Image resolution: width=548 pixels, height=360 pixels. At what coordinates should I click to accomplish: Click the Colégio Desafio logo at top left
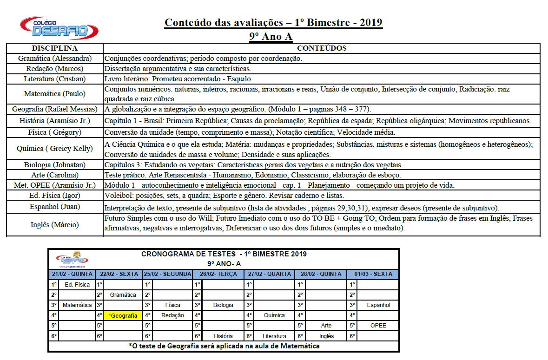pyautogui.click(x=59, y=28)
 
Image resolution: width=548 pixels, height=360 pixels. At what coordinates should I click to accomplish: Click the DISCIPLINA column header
pyautogui.click(x=54, y=48)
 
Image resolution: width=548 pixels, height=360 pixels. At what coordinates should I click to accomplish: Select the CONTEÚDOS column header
pyautogui.click(x=322, y=48)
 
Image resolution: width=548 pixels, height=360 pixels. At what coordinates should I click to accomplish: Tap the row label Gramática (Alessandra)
pyautogui.click(x=55, y=59)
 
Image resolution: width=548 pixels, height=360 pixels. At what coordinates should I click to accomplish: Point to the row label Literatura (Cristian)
pyautogui.click(x=55, y=79)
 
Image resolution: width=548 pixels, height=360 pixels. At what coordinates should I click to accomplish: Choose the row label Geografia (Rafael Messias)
pyautogui.click(x=55, y=109)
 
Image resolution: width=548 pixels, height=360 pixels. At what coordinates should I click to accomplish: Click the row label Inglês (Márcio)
pyautogui.click(x=55, y=225)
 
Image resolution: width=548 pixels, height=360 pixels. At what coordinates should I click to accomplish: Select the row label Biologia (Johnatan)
pyautogui.click(x=55, y=165)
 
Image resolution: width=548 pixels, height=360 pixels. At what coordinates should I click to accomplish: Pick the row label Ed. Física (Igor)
pyautogui.click(x=55, y=195)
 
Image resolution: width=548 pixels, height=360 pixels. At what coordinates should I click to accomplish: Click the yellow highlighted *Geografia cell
pyautogui.click(x=123, y=315)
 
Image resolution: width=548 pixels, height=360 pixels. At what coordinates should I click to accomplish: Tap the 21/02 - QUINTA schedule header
pyautogui.click(x=72, y=274)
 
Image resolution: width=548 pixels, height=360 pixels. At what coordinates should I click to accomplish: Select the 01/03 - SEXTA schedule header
pyautogui.click(x=373, y=274)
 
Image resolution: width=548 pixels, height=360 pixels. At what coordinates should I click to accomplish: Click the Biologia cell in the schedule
pyautogui.click(x=223, y=305)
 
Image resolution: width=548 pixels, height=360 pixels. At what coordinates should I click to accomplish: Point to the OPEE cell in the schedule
pyautogui.click(x=378, y=326)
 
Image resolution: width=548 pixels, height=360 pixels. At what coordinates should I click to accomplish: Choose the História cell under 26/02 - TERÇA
pyautogui.click(x=223, y=336)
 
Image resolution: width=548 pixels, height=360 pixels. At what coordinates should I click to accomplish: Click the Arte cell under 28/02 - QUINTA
pyautogui.click(x=326, y=326)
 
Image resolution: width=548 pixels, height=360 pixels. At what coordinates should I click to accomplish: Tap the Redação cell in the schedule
pyautogui.click(x=172, y=315)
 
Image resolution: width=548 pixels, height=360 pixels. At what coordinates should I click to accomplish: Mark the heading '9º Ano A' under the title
pyautogui.click(x=273, y=36)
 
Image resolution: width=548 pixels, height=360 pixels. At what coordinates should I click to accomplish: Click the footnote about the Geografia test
pyautogui.click(x=224, y=346)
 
